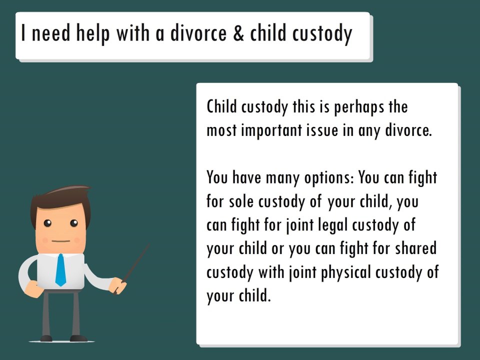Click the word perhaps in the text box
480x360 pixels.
point(359,107)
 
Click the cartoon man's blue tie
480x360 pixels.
point(60,269)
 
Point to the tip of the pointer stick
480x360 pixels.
point(148,245)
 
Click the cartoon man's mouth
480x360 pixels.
point(60,241)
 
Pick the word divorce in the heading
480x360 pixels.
point(199,33)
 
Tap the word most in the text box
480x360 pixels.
point(221,130)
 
